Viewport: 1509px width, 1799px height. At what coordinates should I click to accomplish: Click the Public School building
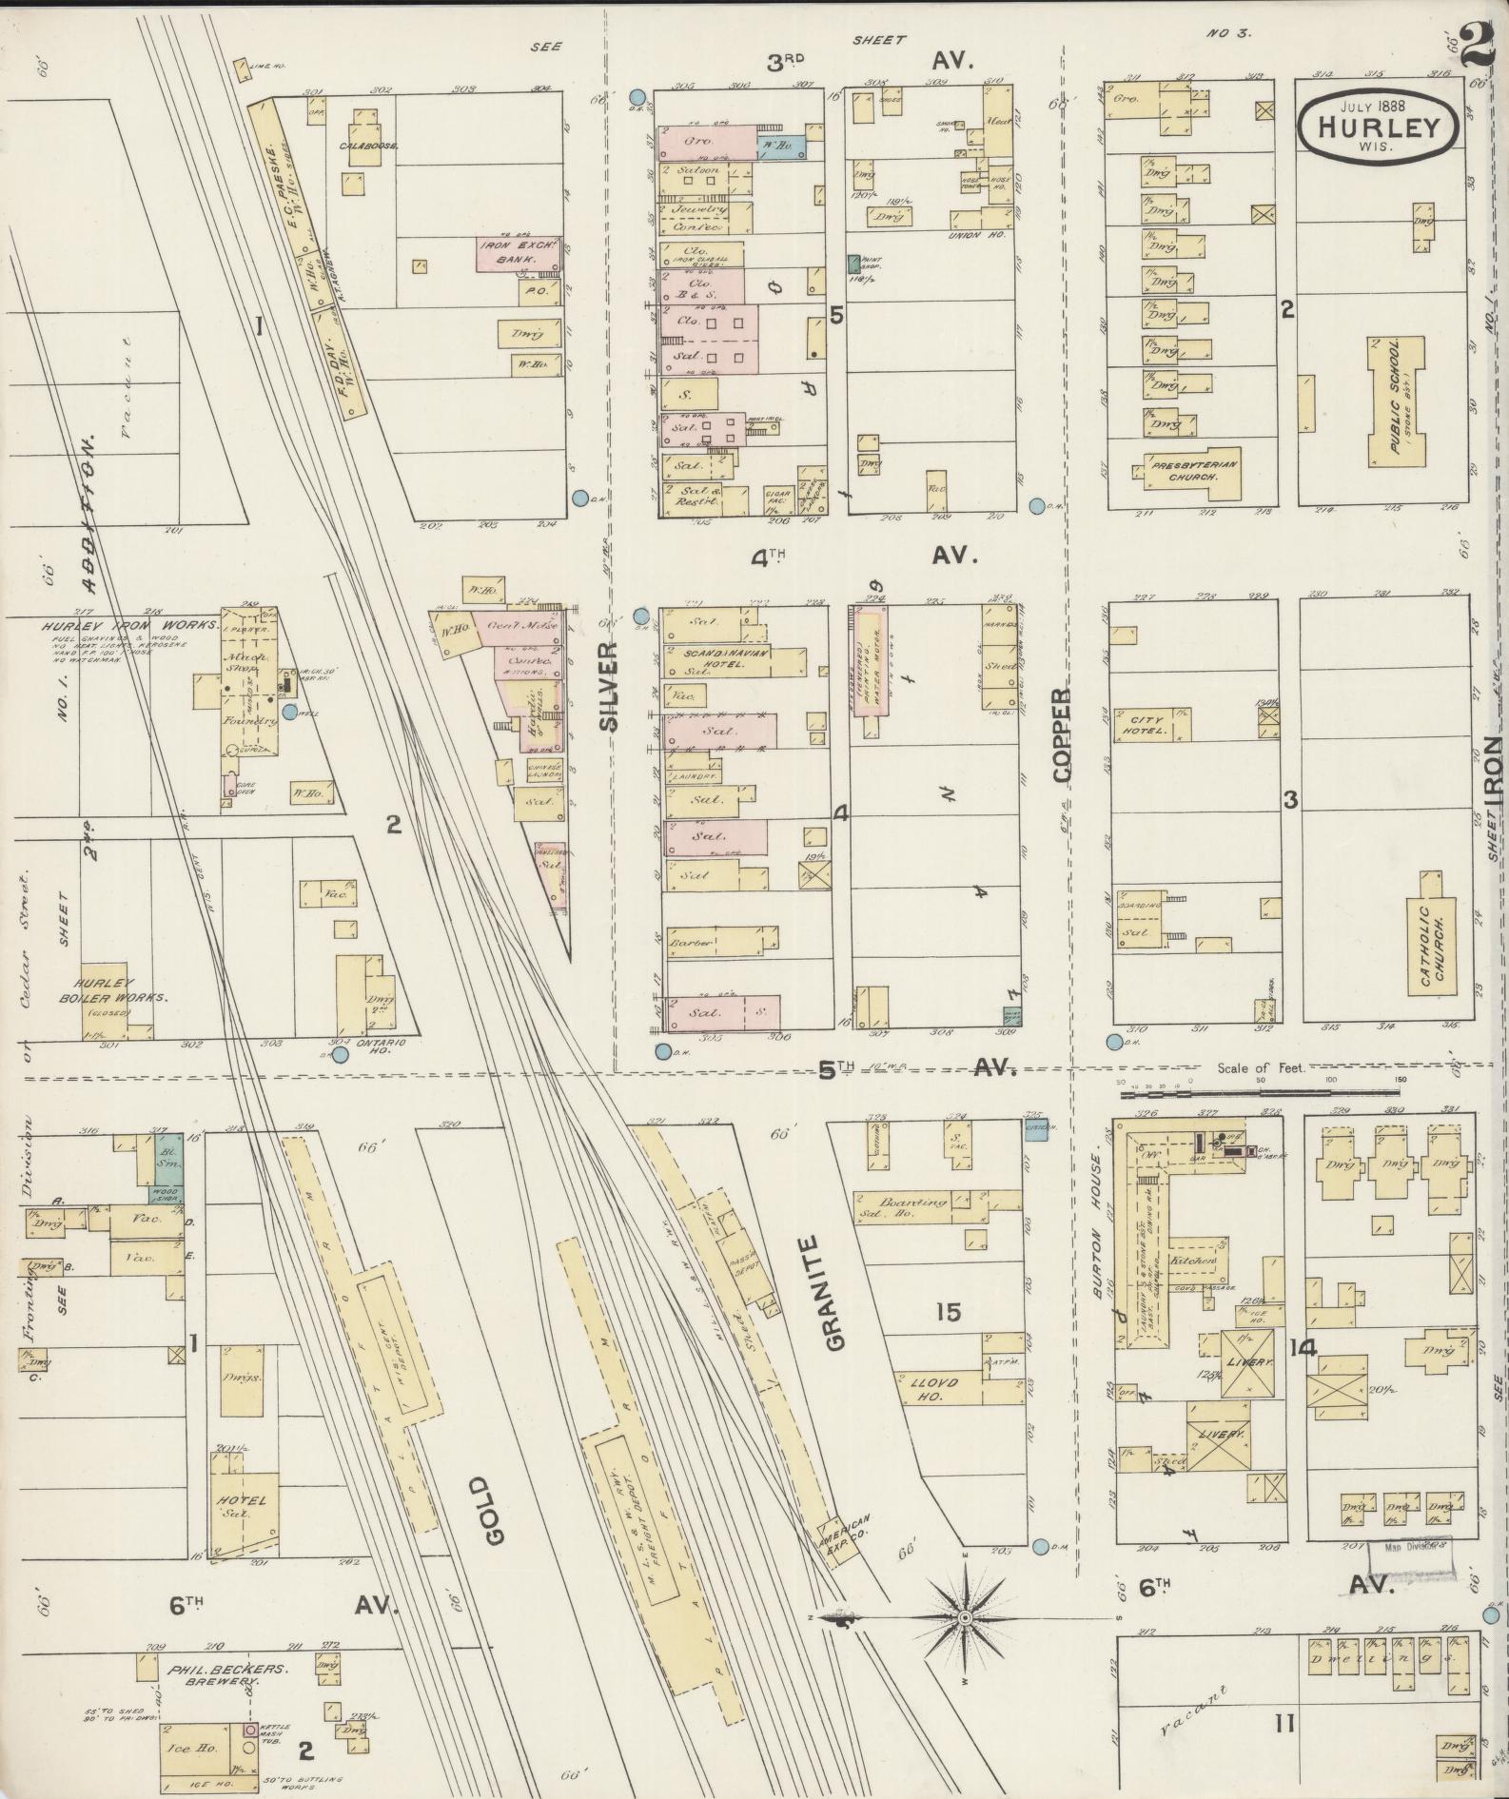coord(1396,402)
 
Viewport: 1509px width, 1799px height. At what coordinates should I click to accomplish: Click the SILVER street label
coord(610,685)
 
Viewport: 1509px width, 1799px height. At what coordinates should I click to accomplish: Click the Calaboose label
coord(366,146)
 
